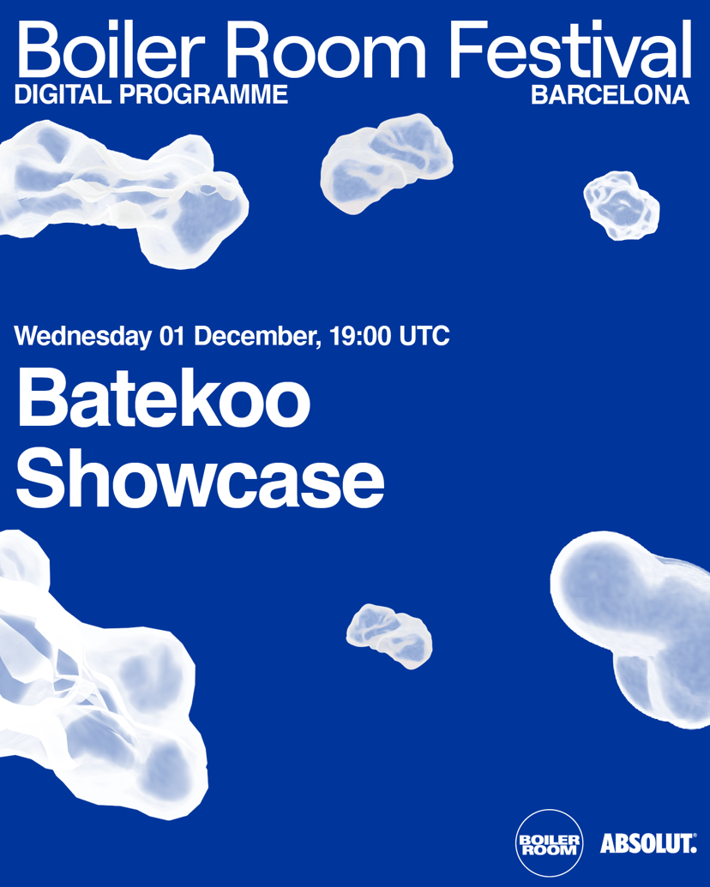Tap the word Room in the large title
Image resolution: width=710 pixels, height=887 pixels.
tap(343, 50)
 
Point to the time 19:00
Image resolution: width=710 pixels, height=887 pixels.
tap(361, 336)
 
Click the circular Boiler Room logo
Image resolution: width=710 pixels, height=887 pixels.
tap(550, 842)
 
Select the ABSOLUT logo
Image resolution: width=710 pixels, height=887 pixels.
tap(648, 843)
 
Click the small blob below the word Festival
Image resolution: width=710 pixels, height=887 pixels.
tap(622, 205)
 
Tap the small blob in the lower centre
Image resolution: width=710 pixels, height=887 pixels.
tap(389, 634)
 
